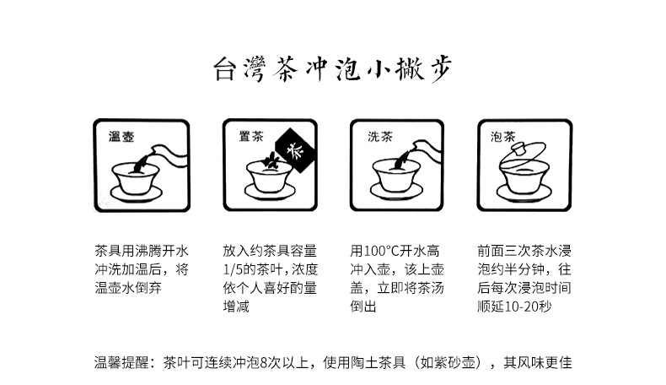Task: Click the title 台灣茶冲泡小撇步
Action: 332,70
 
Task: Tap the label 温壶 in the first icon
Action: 122,136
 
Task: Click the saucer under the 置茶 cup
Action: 267,193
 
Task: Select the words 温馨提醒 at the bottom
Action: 119,362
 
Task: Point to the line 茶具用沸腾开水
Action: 141,252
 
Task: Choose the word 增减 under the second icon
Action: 237,307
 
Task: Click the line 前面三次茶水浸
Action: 524,252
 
